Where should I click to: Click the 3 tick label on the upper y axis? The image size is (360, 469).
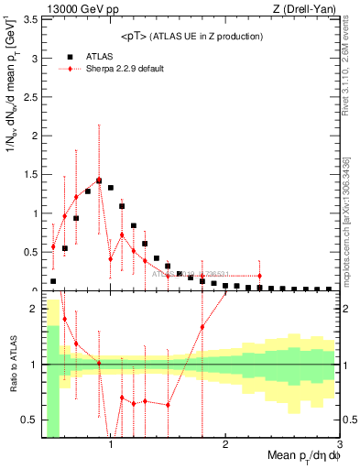click(35, 59)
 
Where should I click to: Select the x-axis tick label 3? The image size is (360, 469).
click(339, 444)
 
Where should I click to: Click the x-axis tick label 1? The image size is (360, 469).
click(111, 444)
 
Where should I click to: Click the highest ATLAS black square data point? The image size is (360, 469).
click(99, 180)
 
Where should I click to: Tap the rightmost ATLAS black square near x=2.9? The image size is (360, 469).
click(329, 289)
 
